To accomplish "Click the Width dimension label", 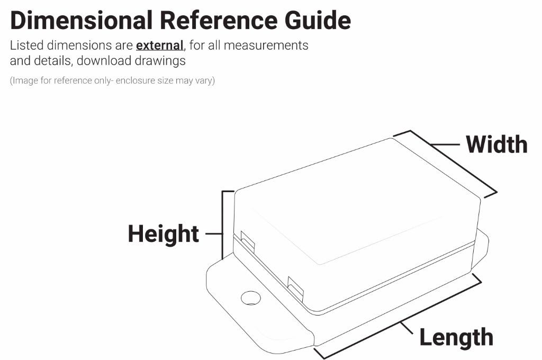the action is [496, 144].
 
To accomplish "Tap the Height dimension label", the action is [164, 234].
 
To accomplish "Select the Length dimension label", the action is [456, 338].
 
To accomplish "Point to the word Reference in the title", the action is [219, 20].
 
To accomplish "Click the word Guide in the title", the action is [318, 20].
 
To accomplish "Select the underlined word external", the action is [160, 46].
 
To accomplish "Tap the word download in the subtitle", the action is [104, 60].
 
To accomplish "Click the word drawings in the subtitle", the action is [160, 61].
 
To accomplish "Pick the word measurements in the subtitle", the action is [266, 46].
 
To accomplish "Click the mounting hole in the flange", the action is [250, 298].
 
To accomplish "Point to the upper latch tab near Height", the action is [248, 240].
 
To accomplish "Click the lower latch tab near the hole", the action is [295, 287].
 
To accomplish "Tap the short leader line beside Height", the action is [214, 234].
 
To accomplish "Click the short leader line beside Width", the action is [445, 145].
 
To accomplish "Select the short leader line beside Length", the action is [407, 329].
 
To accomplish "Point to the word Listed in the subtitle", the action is [26, 46].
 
